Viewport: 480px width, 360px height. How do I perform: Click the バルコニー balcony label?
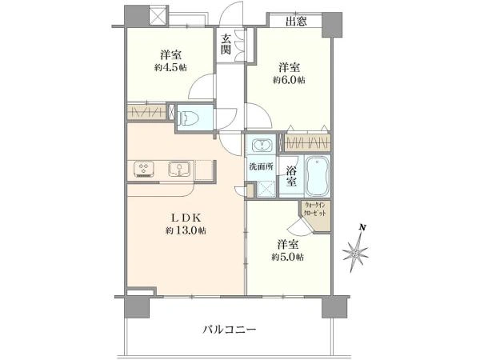pos(230,329)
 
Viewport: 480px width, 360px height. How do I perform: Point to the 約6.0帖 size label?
pos(289,80)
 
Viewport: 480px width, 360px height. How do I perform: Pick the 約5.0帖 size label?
pos(287,257)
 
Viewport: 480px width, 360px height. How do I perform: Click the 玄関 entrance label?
pos(227,45)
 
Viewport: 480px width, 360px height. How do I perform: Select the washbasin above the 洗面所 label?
pos(262,146)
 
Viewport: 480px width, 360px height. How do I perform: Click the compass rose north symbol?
pos(355,255)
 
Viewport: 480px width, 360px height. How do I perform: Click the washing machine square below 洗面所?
pos(262,189)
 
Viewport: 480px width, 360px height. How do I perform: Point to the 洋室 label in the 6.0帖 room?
pos(289,66)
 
